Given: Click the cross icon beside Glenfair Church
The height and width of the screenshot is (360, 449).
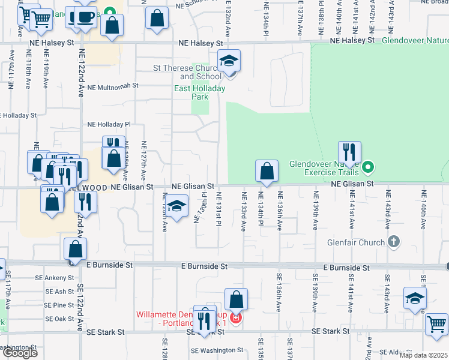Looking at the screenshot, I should coord(394,242).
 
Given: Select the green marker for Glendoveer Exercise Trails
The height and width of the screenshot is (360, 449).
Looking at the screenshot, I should coord(369,167).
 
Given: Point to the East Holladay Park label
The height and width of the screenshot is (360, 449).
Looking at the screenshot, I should coord(199,92).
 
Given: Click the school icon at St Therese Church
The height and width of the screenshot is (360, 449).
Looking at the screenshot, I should coord(229,62).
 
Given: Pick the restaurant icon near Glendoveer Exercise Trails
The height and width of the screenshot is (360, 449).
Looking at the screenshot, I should coord(349,152).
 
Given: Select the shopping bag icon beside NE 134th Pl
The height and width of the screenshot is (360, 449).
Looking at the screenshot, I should coord(267,172).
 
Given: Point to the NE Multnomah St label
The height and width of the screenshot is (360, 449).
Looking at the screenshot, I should coord(113,86).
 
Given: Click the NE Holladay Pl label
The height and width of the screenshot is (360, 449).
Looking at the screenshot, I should coord(109,124).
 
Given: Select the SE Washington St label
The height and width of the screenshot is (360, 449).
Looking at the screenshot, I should coord(217,350).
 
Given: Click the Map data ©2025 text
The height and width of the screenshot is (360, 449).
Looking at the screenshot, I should coord(423,355).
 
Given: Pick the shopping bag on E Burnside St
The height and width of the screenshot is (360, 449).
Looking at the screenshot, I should coord(76,250).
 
